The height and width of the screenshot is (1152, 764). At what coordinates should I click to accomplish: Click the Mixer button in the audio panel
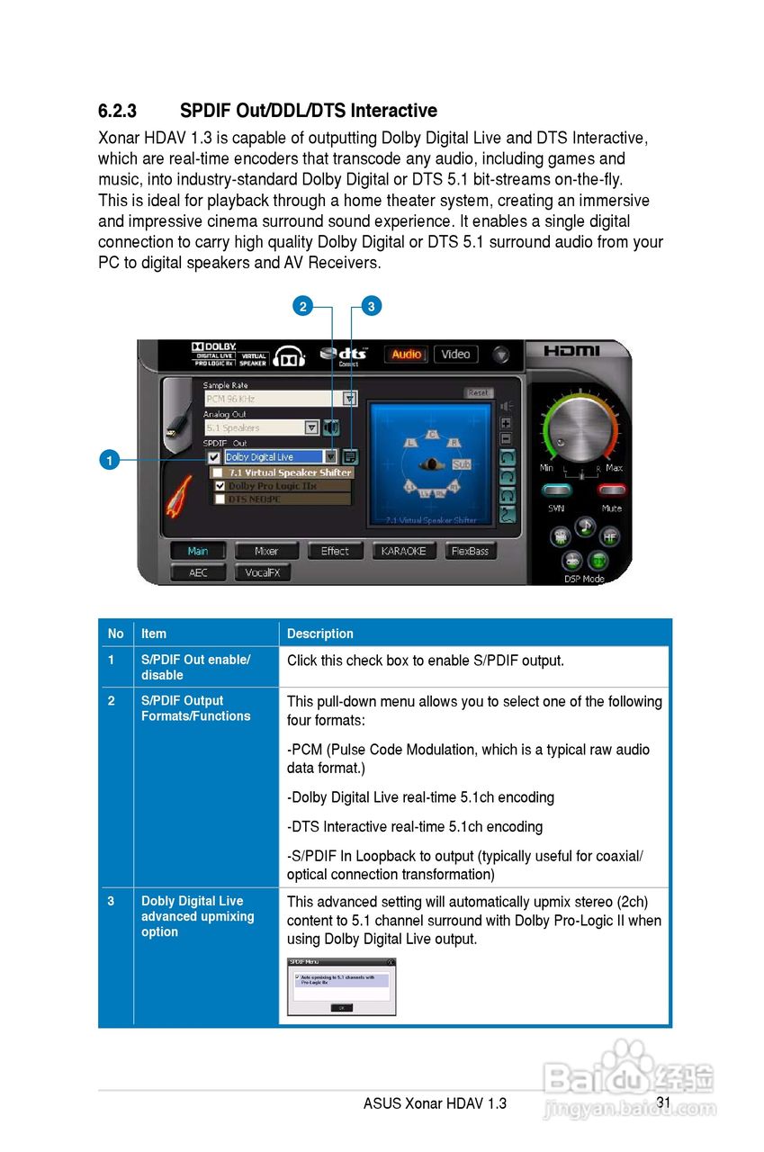coord(266,551)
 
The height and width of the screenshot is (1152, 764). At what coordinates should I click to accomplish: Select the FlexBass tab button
coord(471,551)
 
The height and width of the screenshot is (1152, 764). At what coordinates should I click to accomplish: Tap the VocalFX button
coord(263,572)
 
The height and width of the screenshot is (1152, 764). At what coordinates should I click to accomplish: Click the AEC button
coord(198,572)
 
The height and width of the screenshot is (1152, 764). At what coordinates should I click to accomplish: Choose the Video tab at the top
coord(455,355)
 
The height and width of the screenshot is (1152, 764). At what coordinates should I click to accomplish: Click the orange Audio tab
coord(407,355)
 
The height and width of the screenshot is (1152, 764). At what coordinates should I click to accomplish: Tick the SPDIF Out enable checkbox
coord(214,457)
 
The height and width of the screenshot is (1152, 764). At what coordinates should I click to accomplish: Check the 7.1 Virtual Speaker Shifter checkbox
coord(218,472)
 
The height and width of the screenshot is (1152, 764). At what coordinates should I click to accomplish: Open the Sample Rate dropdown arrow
coord(350,399)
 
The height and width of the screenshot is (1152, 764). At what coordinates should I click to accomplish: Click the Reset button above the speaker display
coord(479,393)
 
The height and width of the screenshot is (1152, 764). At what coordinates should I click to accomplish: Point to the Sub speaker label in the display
coord(462,463)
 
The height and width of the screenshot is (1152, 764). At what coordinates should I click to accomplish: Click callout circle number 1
coord(108,461)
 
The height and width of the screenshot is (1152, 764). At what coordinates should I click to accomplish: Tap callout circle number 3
coord(371,307)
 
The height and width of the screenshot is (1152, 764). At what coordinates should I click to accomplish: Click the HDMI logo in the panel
coord(572,351)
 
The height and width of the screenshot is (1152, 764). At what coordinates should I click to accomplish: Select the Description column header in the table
coord(320,634)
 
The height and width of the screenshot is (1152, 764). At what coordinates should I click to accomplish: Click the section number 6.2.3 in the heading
coord(117,111)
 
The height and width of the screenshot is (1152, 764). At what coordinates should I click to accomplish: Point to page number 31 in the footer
coord(663,1102)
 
